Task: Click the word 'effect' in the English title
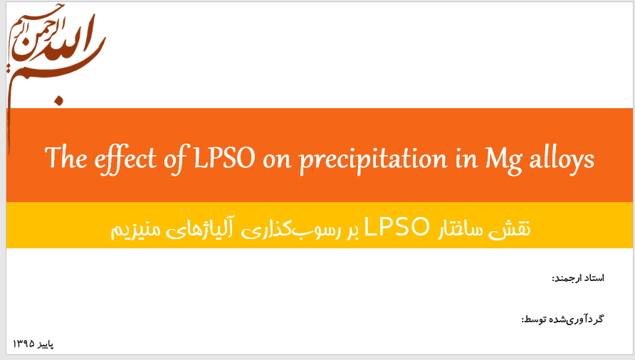125,159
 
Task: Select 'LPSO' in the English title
224,158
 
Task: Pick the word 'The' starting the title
65,157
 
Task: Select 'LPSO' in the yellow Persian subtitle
397,227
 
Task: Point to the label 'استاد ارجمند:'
578,278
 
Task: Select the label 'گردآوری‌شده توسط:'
562,319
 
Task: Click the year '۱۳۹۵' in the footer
23,344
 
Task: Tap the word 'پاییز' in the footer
46,344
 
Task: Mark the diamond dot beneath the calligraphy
60,100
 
